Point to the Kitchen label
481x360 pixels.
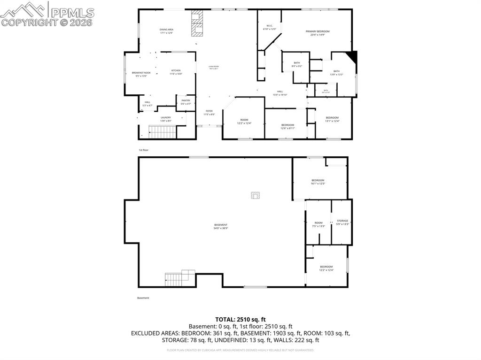coord(176,72)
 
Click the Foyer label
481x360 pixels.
coord(209,113)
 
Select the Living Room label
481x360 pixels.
coord(214,67)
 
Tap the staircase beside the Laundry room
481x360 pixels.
coord(162,132)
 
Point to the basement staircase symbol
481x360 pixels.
coord(175,280)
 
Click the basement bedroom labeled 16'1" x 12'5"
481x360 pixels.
coord(318,182)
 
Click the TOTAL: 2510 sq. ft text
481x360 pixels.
coord(240,319)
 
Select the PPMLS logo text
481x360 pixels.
coord(70,13)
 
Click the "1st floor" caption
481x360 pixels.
coord(143,150)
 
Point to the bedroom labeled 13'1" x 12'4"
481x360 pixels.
coord(332,119)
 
